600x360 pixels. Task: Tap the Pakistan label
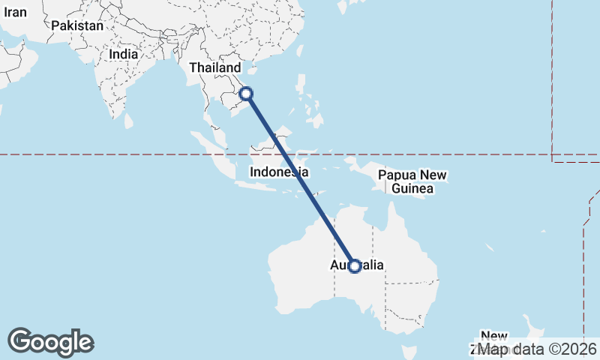point(77,25)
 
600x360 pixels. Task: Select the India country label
point(123,54)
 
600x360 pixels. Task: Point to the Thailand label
point(215,67)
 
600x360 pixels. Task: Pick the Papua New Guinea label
point(412,181)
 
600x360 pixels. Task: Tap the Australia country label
point(358,265)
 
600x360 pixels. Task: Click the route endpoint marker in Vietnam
point(247,94)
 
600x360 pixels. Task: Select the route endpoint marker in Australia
point(355,266)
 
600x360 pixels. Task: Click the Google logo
point(50,342)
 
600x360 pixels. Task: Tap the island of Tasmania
point(409,352)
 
